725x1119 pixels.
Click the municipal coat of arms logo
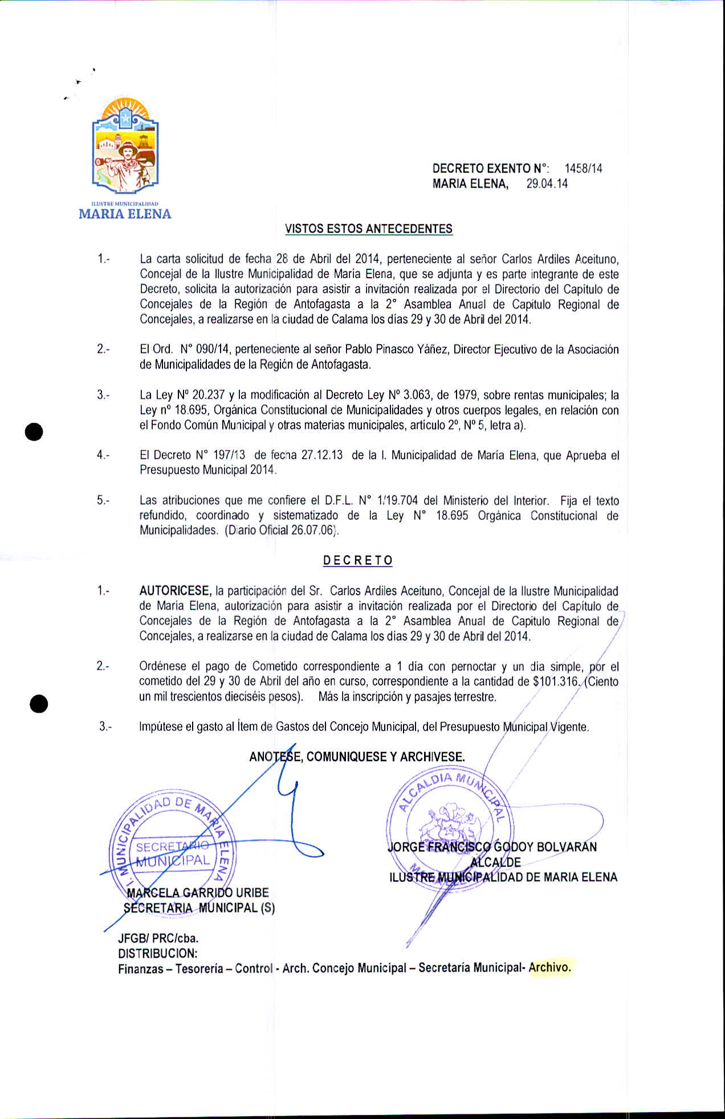(x=125, y=147)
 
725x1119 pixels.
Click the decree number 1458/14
(x=583, y=168)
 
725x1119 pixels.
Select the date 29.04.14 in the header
(x=547, y=184)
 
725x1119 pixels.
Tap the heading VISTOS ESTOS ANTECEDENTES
(x=368, y=229)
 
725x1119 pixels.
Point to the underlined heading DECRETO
(x=358, y=560)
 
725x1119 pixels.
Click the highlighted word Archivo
(x=549, y=967)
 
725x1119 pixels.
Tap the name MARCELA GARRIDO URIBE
(x=198, y=893)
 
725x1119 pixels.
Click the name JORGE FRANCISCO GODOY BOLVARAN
(x=492, y=847)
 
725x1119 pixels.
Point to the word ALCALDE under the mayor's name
(x=496, y=862)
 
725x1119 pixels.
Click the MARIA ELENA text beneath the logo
(x=125, y=214)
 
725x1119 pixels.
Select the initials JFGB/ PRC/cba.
(x=158, y=938)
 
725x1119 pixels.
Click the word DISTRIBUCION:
(x=158, y=953)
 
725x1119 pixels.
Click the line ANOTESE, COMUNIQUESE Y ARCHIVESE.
(x=357, y=756)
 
